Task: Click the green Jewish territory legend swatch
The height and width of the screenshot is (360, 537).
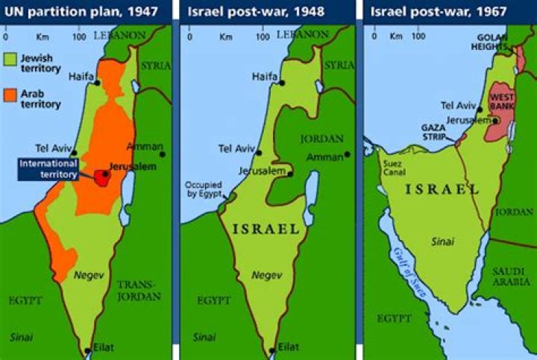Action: (10, 60)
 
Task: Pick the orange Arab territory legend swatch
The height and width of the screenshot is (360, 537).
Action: (10, 95)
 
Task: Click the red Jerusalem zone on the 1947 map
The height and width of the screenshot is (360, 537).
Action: (102, 177)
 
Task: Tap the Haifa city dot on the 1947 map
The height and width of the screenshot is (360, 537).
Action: (98, 82)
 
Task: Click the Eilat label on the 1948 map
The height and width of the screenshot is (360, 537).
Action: (288, 347)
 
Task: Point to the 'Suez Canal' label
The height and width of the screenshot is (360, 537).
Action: (392, 167)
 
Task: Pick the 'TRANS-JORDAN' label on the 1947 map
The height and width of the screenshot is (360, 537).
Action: (140, 291)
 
